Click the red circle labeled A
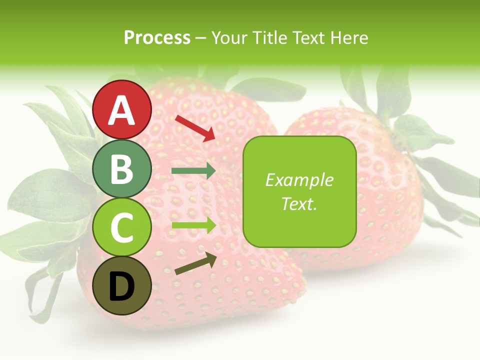coord(122,109)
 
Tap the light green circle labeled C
coord(122,227)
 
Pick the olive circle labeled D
coord(122,285)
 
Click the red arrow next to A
coord(195,128)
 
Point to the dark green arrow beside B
coord(193,171)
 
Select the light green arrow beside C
coord(193,225)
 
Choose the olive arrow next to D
coord(196,264)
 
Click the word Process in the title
coord(157,38)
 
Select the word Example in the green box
coord(299,180)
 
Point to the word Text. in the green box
coord(299,203)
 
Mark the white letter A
coord(122,110)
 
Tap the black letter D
coord(122,286)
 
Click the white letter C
coord(122,227)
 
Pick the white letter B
coord(122,169)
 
